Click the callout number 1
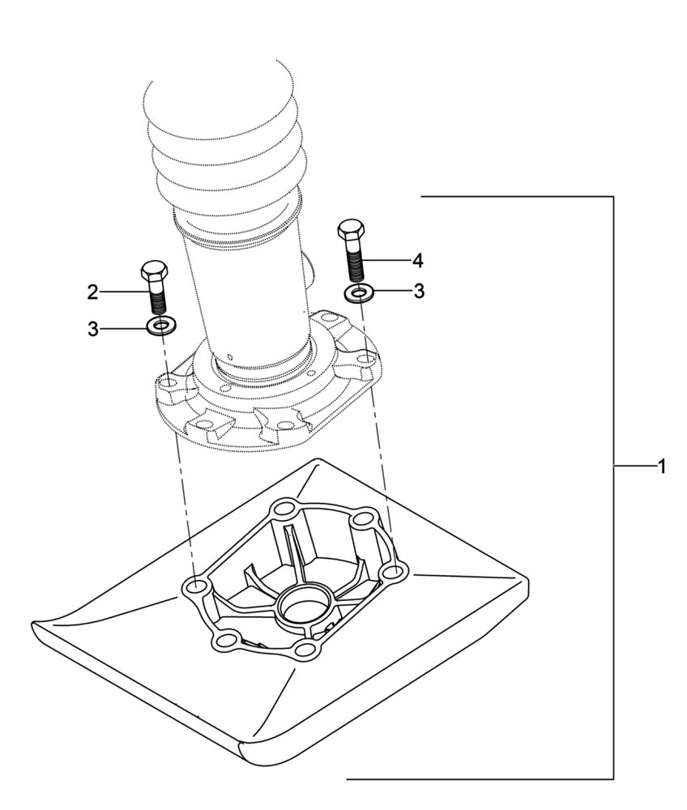(661, 467)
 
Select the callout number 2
(93, 292)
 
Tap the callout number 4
(417, 260)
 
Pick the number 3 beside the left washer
(93, 328)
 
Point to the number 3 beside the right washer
(419, 292)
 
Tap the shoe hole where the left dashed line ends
(195, 586)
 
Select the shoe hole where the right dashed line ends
(392, 573)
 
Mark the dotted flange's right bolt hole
(366, 356)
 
